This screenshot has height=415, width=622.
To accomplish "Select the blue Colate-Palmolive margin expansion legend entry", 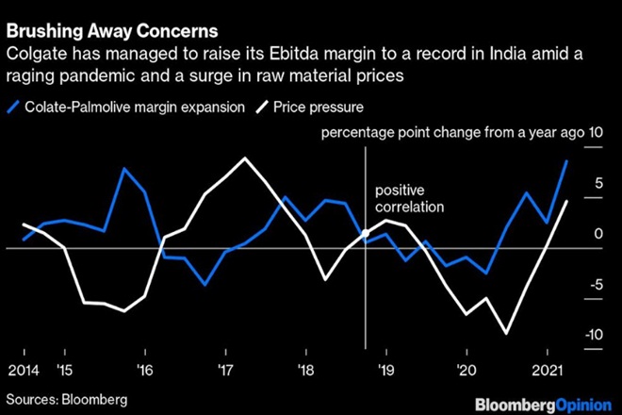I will [x=131, y=107].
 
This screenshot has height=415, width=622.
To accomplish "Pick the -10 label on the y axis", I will [x=592, y=335].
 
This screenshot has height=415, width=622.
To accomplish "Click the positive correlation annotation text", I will [x=407, y=198].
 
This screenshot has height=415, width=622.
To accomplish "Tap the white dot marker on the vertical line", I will [x=365, y=234].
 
